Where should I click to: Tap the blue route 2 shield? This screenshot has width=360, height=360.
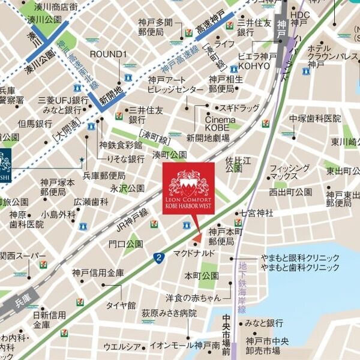point(158,258)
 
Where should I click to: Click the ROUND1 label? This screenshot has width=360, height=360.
point(109,54)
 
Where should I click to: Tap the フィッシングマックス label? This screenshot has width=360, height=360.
point(288,172)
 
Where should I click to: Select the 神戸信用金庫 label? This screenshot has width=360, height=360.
point(98,273)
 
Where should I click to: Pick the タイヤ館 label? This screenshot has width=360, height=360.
point(121,305)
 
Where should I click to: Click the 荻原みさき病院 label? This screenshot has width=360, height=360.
point(169,313)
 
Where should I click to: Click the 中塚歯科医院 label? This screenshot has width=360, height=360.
point(314,119)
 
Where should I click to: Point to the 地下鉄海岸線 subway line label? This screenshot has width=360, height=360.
point(242,288)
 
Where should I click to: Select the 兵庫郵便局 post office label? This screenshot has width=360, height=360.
point(104,175)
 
